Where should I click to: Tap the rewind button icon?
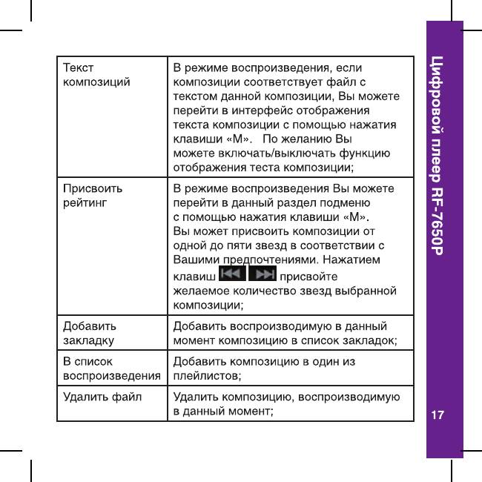pyautogui.click(x=225, y=276)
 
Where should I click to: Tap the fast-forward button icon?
pyautogui.click(x=263, y=276)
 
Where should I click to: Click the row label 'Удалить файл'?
pyautogui.click(x=102, y=397)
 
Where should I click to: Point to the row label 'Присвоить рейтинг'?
pyautogui.click(x=93, y=194)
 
